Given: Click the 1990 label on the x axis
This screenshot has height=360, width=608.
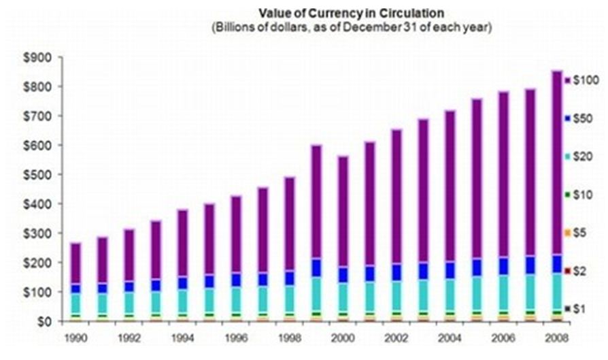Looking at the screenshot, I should pyautogui.click(x=76, y=337).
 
